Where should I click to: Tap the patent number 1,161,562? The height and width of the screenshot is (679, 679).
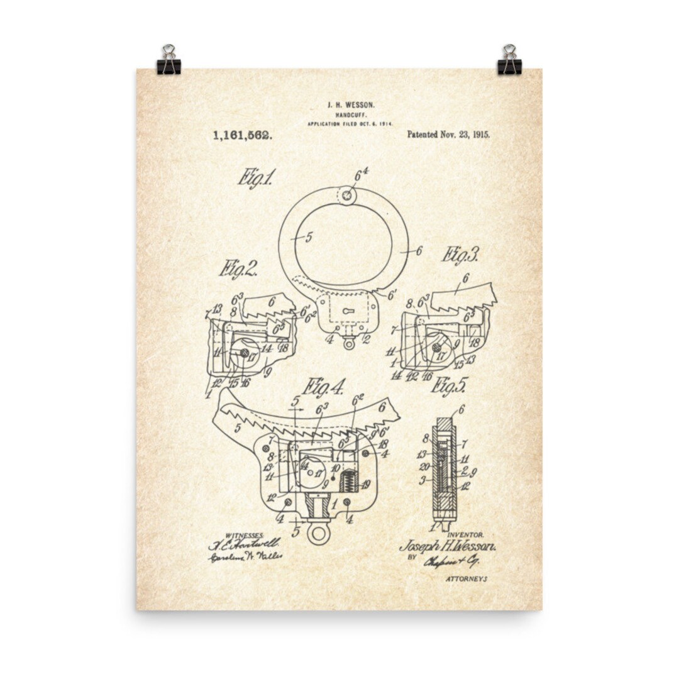click(x=242, y=135)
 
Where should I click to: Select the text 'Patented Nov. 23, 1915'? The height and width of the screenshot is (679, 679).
click(x=448, y=135)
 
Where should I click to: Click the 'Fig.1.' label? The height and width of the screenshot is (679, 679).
click(x=255, y=178)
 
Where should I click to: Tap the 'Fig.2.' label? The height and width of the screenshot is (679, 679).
click(x=238, y=269)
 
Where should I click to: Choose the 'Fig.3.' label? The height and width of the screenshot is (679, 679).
click(x=460, y=255)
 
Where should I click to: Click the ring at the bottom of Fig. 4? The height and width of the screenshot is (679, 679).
click(x=318, y=534)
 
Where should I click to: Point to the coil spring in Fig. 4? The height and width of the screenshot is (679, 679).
click(x=348, y=481)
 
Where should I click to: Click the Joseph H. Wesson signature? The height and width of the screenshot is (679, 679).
click(x=447, y=546)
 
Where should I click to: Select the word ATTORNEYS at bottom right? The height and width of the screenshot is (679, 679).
click(x=466, y=578)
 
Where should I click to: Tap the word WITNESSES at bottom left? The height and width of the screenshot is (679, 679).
click(x=227, y=535)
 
